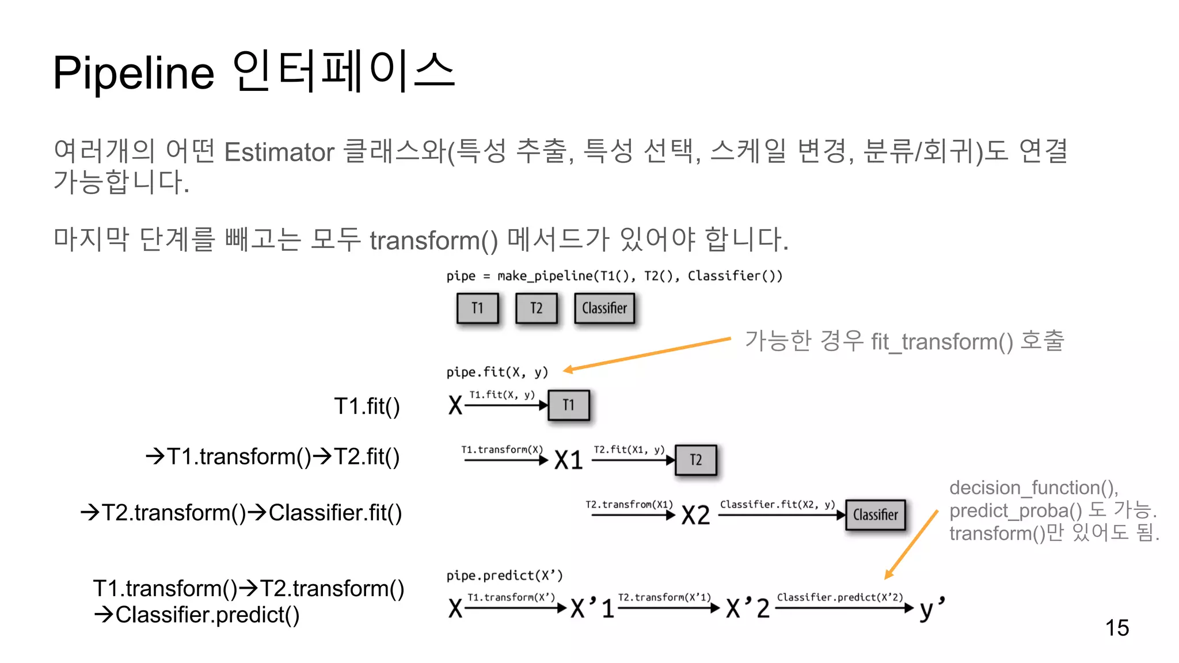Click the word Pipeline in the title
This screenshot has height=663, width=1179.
tap(134, 73)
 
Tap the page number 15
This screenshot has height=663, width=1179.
tap(1116, 628)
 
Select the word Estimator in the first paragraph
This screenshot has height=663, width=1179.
tap(279, 153)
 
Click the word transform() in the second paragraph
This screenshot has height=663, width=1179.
tap(433, 240)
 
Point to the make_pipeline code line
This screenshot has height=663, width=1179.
tap(614, 276)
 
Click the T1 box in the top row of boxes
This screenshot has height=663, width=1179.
tap(477, 308)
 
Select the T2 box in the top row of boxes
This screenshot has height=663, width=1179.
tap(536, 308)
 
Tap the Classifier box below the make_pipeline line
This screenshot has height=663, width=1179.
tap(604, 308)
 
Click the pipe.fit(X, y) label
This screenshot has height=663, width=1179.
tap(497, 372)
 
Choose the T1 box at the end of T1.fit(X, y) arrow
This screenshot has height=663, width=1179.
tap(568, 405)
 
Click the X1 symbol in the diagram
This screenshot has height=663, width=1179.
tap(569, 460)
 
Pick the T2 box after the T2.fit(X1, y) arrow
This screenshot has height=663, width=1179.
tap(695, 460)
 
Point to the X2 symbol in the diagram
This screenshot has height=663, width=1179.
tap(695, 515)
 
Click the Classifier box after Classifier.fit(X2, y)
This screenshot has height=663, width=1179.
tap(875, 515)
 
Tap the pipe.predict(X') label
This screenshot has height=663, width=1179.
tap(504, 576)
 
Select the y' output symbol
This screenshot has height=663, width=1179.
tap(931, 608)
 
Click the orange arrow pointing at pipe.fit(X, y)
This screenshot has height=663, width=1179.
tap(648, 355)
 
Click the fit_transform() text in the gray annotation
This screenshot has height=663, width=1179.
tap(942, 342)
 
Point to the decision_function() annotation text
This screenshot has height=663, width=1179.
tap(1033, 488)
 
